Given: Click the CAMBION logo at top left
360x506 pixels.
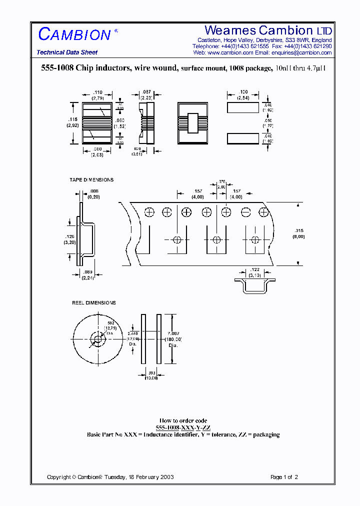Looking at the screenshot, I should pos(74,34).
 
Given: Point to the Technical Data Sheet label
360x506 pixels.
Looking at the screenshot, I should pos(67,52).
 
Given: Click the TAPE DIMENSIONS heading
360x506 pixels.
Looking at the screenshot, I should pos(91,180).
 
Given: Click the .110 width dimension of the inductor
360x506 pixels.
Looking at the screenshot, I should pos(98,92).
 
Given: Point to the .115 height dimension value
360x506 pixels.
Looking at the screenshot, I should pos(72,119).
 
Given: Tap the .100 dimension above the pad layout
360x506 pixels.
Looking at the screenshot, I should pos(243,92).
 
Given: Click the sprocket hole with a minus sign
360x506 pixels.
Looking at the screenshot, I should pos(245,212).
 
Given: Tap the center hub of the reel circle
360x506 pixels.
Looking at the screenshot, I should pos(97,339).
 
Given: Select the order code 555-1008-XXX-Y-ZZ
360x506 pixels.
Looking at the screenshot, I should pos(183,428).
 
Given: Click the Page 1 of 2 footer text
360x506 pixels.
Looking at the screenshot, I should pos(284,477).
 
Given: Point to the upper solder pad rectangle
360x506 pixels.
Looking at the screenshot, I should pos(243,107).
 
